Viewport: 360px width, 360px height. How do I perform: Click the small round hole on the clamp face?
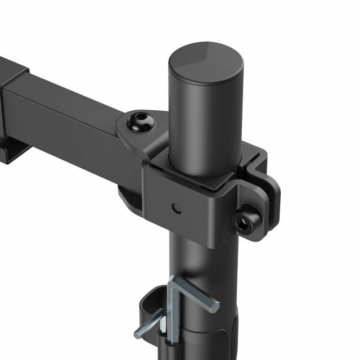(177, 208)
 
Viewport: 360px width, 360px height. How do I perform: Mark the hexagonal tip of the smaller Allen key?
(137, 335)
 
